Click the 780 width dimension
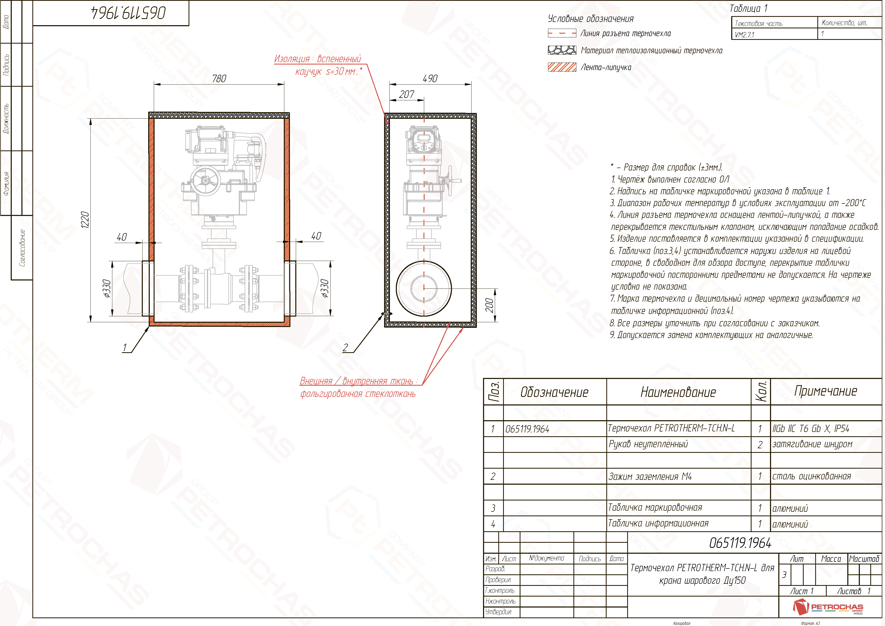[219, 79]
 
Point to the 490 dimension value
[430, 79]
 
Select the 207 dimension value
[407, 94]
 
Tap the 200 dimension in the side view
[489, 305]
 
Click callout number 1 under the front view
[125, 348]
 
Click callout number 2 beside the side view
[345, 348]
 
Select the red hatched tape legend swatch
[562, 67]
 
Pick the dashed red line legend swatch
[562, 33]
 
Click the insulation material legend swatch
[562, 50]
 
